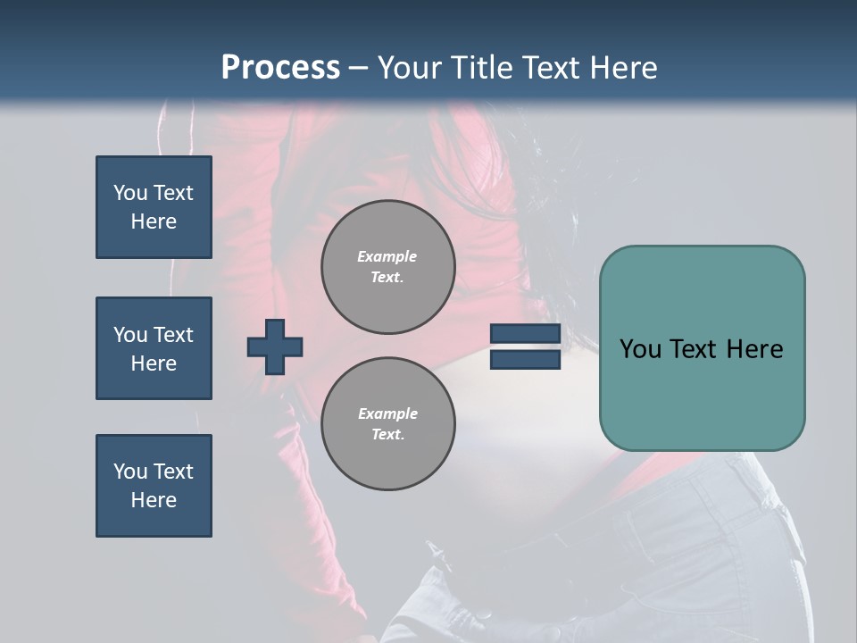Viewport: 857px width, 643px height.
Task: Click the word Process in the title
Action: [280, 68]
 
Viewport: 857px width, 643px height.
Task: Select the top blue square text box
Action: [154, 207]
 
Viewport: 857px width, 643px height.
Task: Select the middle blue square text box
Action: [154, 348]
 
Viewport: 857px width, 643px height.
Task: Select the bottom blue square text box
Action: [154, 486]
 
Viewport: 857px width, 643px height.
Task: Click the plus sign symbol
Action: [275, 347]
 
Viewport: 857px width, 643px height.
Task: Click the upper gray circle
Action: [387, 267]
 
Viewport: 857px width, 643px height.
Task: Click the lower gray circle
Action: [387, 424]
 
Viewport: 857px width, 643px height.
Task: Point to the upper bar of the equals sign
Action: [525, 334]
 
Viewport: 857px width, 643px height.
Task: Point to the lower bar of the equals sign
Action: [525, 360]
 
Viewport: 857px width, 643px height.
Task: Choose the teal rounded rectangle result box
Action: [702, 348]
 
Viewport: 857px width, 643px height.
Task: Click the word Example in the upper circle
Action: [387, 256]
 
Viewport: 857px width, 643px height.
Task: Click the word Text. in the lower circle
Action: [387, 435]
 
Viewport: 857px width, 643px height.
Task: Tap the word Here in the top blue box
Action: [154, 221]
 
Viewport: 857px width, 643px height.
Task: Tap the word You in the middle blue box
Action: [129, 335]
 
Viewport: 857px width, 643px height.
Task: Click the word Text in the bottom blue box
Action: [173, 472]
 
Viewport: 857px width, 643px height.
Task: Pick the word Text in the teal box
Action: [702, 349]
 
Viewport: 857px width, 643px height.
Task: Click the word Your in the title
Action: [409, 68]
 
